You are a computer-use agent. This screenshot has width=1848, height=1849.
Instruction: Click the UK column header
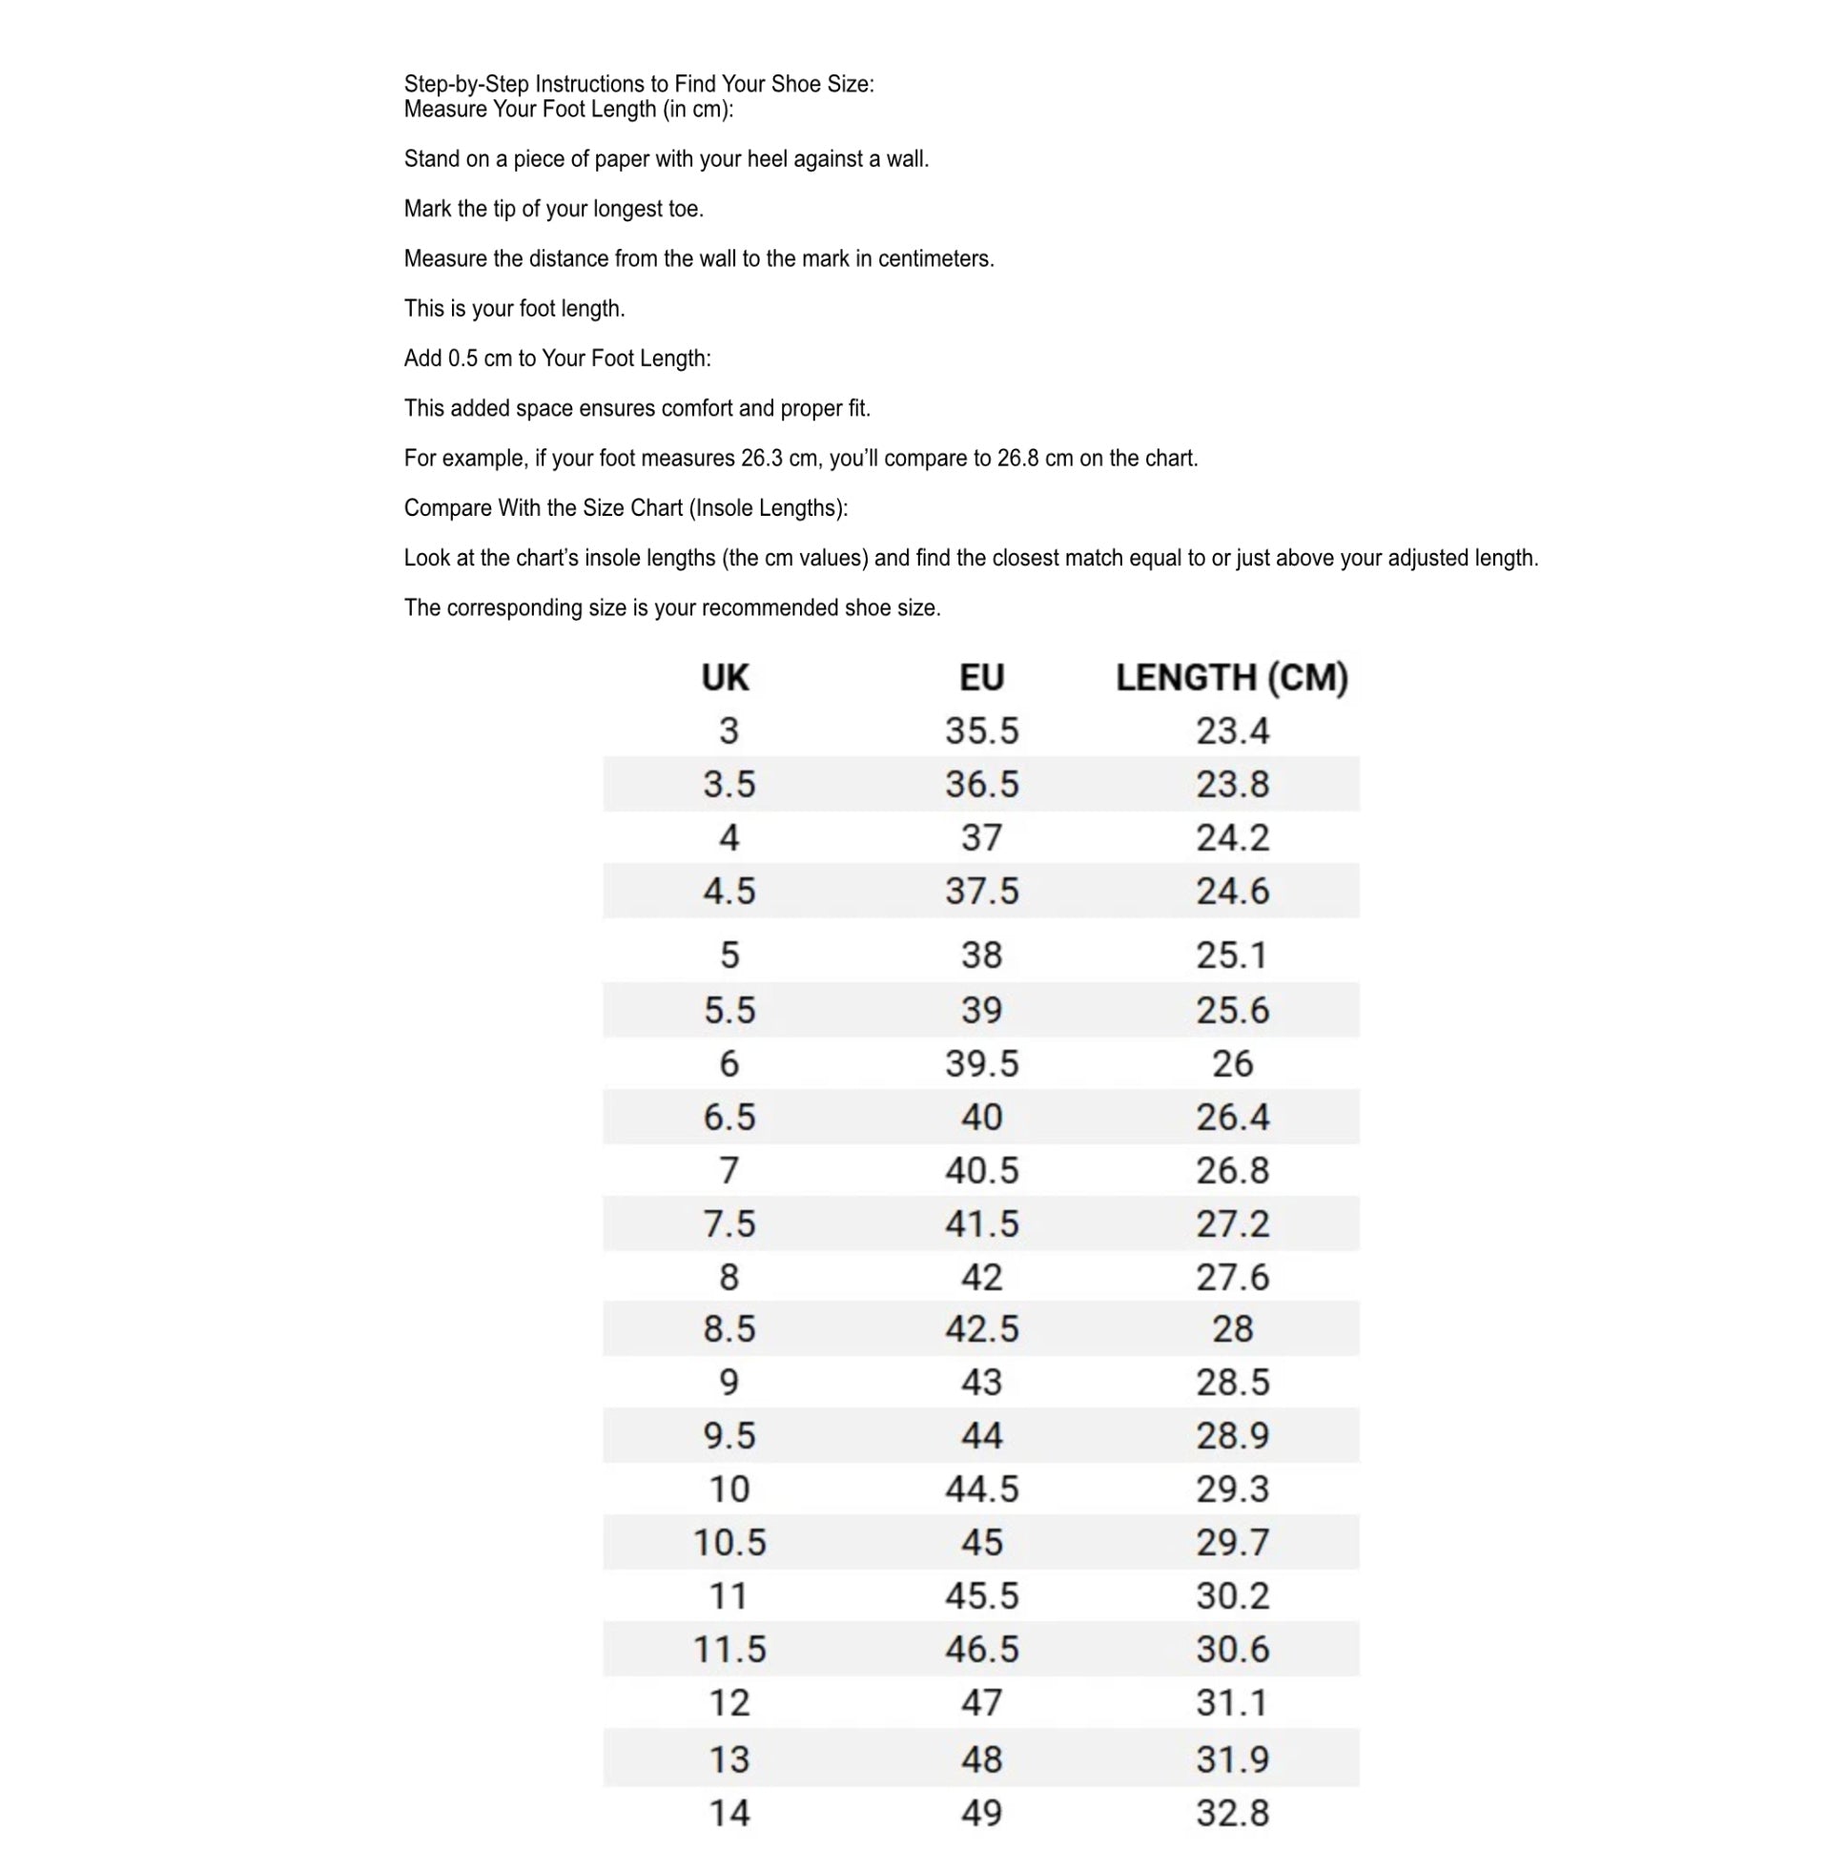click(x=725, y=678)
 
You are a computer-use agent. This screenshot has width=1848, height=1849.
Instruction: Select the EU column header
click(x=981, y=678)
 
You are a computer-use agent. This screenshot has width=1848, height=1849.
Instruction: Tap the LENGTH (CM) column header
click(x=1232, y=678)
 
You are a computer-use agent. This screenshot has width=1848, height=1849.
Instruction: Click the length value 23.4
click(x=1232, y=731)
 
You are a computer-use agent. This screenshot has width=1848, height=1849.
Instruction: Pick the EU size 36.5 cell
click(x=982, y=785)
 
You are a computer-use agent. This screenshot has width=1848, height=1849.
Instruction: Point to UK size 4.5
click(x=729, y=892)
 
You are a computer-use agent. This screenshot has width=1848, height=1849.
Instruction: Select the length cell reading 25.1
click(x=1232, y=955)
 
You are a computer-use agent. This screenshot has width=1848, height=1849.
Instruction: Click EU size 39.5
click(x=982, y=1064)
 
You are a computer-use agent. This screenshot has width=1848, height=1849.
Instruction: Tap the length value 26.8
click(x=1232, y=1170)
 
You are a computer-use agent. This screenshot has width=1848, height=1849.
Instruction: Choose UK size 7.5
click(x=729, y=1224)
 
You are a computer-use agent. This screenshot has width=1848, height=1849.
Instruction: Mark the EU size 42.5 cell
click(x=982, y=1329)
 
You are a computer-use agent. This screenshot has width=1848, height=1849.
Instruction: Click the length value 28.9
click(x=1232, y=1435)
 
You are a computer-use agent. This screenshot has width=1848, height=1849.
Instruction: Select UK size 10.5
click(x=729, y=1543)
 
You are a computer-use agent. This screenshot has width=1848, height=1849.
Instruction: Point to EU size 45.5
click(x=982, y=1596)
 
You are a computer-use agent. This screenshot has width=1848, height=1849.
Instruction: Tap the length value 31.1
click(x=1232, y=1703)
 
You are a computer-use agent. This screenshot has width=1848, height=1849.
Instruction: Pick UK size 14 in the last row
click(x=729, y=1814)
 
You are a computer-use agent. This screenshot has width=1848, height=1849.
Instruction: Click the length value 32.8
click(x=1232, y=1814)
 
